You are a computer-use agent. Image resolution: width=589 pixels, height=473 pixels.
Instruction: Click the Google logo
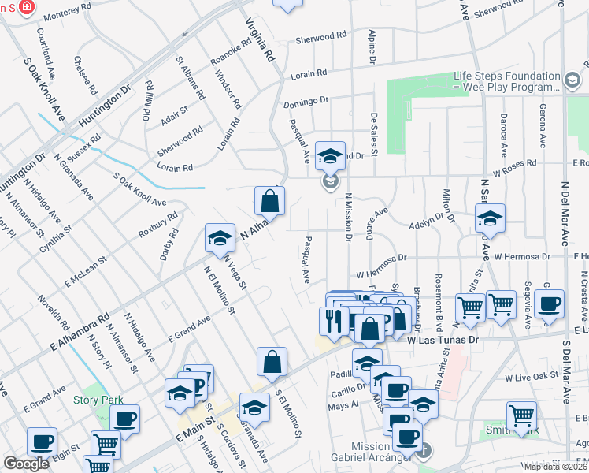[26, 464]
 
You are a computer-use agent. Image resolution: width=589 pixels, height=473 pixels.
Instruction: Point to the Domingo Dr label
[306, 102]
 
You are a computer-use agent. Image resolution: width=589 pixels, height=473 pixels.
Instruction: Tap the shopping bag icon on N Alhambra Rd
[269, 200]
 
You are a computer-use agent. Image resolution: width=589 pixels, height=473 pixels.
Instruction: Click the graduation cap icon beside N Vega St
[220, 238]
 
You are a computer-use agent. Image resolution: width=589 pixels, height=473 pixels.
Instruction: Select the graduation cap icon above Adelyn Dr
[490, 218]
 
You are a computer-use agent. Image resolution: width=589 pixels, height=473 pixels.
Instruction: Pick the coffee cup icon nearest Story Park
[124, 419]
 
